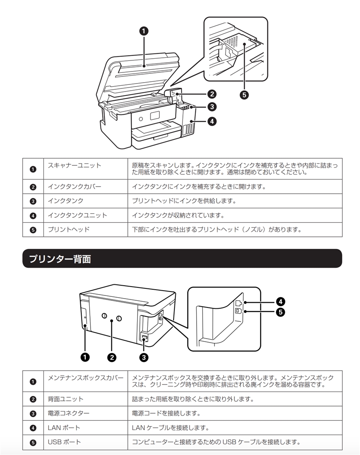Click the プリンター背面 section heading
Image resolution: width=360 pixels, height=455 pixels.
(x=60, y=259)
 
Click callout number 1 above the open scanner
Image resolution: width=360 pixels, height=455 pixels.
(x=144, y=31)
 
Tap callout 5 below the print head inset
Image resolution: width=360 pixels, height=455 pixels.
(x=244, y=95)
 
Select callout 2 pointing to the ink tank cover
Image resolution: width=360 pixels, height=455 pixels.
(x=212, y=94)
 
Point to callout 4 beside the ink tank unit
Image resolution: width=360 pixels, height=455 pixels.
(x=212, y=121)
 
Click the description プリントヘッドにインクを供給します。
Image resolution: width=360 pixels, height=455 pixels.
(x=184, y=201)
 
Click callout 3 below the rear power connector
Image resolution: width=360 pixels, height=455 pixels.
(x=144, y=357)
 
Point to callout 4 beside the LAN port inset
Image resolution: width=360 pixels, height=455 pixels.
(x=280, y=302)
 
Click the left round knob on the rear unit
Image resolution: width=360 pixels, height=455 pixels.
(x=104, y=316)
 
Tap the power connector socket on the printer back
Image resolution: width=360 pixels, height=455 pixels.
(x=144, y=337)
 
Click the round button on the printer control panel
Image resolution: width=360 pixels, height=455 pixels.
(x=141, y=119)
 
